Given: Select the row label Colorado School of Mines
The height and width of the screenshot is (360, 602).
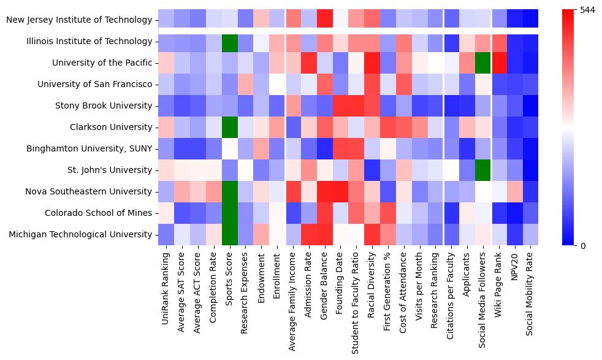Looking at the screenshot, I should click(x=99, y=213).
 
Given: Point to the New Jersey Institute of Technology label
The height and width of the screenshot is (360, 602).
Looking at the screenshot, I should click(x=79, y=20).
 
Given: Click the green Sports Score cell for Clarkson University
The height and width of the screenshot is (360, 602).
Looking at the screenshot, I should click(x=229, y=127).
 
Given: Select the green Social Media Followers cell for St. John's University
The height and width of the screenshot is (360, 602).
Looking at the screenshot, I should click(x=482, y=170).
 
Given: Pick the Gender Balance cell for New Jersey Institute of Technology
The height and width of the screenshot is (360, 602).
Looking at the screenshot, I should click(x=324, y=20).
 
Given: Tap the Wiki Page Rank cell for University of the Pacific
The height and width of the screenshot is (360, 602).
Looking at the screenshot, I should click(x=498, y=63).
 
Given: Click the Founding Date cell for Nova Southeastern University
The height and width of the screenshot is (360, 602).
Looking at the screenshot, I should click(x=340, y=191).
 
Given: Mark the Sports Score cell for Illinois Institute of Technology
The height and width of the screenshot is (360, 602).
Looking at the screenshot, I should click(x=229, y=41).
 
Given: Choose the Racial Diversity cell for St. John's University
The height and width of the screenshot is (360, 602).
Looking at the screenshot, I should click(x=371, y=170).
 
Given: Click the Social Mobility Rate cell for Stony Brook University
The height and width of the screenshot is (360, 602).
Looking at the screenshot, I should click(x=530, y=105).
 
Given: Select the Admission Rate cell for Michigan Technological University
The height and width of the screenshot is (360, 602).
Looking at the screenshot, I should click(x=308, y=234).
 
